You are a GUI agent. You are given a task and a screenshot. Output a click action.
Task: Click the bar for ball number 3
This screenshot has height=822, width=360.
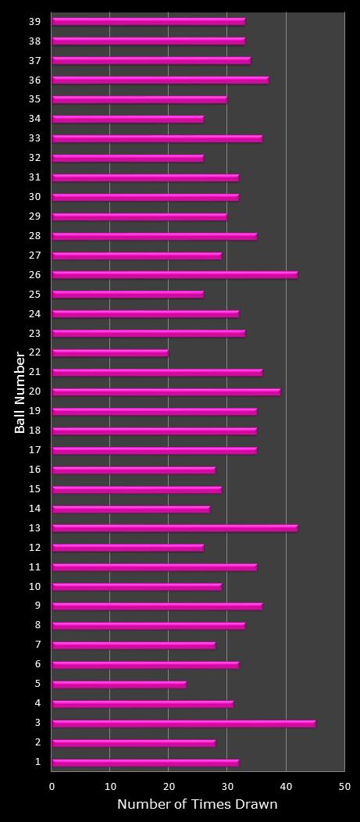tap(184, 724)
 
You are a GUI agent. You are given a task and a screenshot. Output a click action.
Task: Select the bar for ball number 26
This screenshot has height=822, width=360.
tap(175, 275)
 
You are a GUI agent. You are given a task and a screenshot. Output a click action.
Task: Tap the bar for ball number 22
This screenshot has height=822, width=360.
tap(110, 353)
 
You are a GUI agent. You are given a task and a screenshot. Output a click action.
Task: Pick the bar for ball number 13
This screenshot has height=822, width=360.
tap(175, 528)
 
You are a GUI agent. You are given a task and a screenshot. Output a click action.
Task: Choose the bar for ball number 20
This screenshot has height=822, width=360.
tap(166, 391)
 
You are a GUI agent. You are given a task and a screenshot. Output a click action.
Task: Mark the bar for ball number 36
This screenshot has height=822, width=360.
tap(160, 80)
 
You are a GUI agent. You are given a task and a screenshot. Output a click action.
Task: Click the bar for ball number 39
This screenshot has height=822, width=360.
tap(148, 21)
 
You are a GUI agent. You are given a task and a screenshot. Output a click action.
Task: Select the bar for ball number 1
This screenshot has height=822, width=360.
tap(145, 763)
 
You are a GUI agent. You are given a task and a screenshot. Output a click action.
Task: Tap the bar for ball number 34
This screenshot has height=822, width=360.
tap(128, 119)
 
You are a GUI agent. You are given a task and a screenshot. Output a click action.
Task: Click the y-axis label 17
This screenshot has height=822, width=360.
tap(34, 450)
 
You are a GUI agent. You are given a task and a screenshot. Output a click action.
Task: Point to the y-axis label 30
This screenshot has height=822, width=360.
tap(34, 197)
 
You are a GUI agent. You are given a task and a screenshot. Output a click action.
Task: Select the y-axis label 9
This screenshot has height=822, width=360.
tap(37, 606)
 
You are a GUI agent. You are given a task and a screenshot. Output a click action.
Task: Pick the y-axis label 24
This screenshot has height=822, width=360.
tap(34, 314)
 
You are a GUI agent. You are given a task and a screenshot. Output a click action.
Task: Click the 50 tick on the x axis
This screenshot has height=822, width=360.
tap(344, 787)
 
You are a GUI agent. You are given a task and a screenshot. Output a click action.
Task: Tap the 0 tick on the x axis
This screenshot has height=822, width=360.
tap(52, 787)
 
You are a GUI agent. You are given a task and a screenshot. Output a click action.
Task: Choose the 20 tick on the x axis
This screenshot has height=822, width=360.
tap(169, 787)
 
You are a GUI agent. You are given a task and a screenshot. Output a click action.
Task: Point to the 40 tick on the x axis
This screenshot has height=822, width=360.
tap(286, 787)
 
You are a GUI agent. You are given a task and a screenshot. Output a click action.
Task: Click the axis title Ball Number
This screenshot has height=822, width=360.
tap(20, 392)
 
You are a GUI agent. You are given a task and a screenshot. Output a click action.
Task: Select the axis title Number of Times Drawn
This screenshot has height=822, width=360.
tap(197, 805)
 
